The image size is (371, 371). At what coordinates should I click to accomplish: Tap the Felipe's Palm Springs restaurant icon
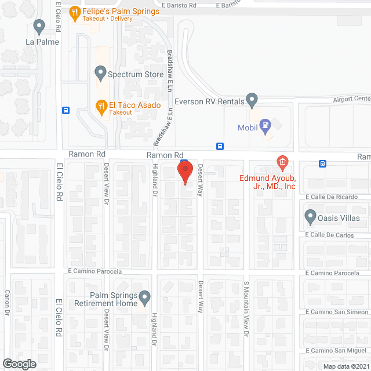(75, 12)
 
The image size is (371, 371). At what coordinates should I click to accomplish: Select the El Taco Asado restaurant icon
(100, 106)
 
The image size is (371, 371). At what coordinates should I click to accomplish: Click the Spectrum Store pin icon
(100, 74)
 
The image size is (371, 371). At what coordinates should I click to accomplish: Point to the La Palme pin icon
(39, 26)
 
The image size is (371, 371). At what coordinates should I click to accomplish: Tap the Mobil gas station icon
(265, 123)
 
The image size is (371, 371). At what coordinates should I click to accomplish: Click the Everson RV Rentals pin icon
(252, 100)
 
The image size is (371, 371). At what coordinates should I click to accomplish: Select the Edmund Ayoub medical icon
(282, 161)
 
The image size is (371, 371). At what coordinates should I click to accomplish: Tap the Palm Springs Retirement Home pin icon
(145, 298)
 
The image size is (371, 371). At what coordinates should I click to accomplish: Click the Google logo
(19, 363)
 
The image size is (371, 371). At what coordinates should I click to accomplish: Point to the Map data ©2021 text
(345, 366)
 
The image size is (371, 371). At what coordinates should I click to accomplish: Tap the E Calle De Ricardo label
(338, 197)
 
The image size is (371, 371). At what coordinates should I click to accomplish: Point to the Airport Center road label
(351, 99)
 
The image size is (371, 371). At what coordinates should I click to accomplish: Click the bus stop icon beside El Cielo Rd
(66, 110)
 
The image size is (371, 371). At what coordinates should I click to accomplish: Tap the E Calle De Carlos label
(337, 235)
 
